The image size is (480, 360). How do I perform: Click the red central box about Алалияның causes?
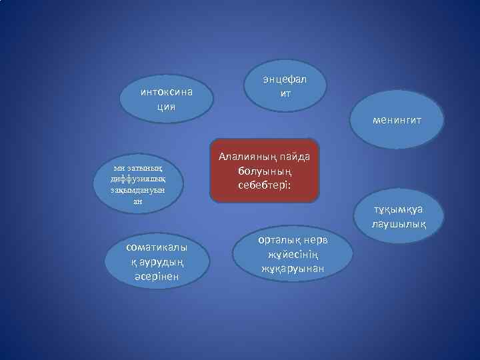pyautogui.click(x=265, y=171)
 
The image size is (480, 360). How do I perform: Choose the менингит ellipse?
pyautogui.click(x=397, y=121)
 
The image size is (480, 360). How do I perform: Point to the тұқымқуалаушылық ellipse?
pyautogui.click(x=398, y=218)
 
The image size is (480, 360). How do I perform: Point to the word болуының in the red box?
pyautogui.click(x=265, y=171)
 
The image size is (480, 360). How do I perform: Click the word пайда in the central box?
pyautogui.click(x=295, y=157)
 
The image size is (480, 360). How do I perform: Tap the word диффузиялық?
pyautogui.click(x=139, y=178)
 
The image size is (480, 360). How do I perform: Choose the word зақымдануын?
pyautogui.click(x=139, y=189)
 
